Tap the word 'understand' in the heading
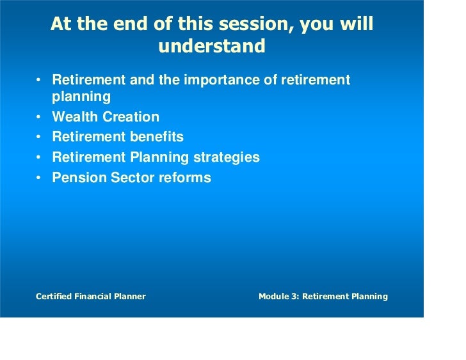pyautogui.click(x=211, y=47)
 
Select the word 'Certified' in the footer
pyautogui.click(x=54, y=297)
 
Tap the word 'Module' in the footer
pyautogui.click(x=273, y=297)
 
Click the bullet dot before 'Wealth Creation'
pyautogui.click(x=39, y=118)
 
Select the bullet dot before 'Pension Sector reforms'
pyautogui.click(x=39, y=178)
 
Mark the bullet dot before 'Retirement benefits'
pyautogui.click(x=39, y=137)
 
